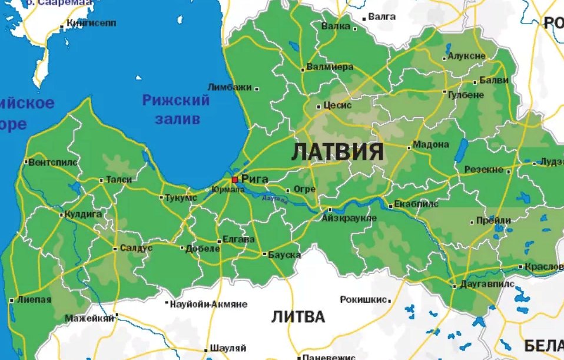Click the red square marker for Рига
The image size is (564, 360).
(234, 179)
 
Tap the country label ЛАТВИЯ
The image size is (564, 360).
(338, 152)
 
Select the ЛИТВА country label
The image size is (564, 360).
(298, 317)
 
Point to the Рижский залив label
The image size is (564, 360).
(176, 110)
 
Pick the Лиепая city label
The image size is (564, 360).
(34, 300)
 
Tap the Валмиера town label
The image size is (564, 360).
(330, 67)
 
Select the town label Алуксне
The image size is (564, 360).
(466, 56)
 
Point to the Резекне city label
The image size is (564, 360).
(484, 170)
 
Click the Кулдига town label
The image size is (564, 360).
(84, 214)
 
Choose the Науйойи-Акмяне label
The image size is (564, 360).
(208, 305)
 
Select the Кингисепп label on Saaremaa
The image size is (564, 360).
(91, 23)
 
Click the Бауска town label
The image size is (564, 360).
(284, 255)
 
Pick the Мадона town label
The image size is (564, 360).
(431, 144)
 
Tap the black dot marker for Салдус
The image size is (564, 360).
(115, 249)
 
